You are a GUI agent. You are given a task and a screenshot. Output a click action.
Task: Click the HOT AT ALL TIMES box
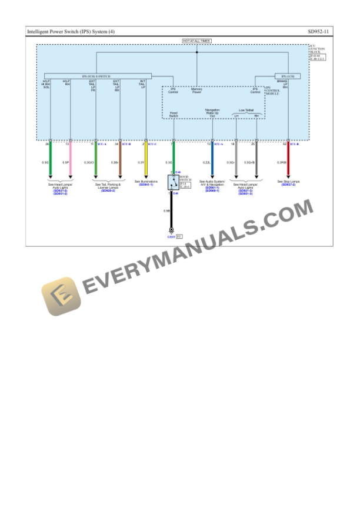coord(196,41)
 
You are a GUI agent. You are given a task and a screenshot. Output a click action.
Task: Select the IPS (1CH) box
coord(288,76)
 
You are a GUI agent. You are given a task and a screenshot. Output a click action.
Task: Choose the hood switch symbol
coord(173,181)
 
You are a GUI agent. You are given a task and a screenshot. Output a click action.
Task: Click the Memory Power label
coord(196,91)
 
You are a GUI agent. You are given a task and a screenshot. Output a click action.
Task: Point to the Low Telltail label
coord(246,110)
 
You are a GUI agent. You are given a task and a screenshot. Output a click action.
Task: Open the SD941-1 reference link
coord(145,185)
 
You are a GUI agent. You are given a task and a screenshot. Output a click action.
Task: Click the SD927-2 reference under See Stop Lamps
coord(288,185)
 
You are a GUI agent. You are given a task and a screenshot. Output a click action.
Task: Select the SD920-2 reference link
coord(108,190)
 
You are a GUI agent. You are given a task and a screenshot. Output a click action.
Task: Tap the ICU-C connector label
coord(152,143)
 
